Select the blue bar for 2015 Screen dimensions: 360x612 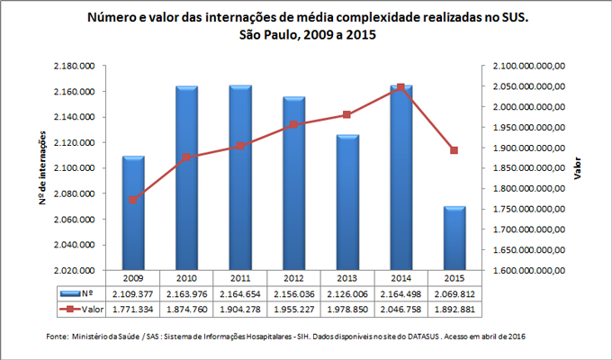click(x=454, y=238)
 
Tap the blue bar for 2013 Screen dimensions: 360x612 click(x=346, y=202)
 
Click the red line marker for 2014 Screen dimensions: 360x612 click(x=400, y=87)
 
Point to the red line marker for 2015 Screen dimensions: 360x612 click(x=454, y=150)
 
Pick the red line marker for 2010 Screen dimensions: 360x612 click(x=187, y=157)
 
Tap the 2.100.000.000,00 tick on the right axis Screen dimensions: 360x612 click(x=525, y=67)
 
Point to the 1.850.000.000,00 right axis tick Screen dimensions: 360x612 click(x=525, y=168)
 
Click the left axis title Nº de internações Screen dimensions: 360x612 click(x=42, y=168)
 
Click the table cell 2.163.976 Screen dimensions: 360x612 click(x=187, y=292)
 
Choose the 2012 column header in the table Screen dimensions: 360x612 click(x=293, y=278)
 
